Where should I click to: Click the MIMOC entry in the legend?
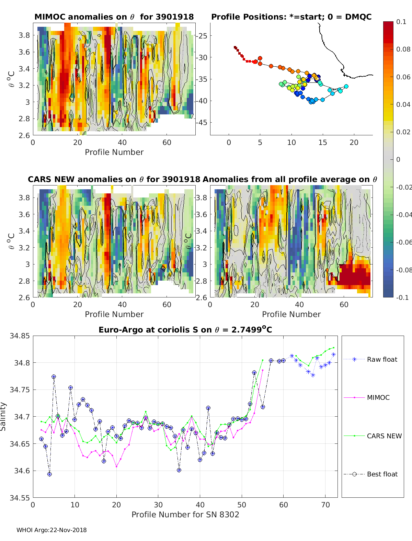378,397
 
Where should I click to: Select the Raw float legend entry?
382,359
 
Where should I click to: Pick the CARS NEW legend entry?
384,436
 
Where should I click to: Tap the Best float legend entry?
382,474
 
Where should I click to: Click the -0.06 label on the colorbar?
403,242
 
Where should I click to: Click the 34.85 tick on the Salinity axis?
20,336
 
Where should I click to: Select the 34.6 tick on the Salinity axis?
22,471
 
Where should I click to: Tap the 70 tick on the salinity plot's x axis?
325,505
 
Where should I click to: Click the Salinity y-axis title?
3,416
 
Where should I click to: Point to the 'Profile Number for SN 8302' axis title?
185,514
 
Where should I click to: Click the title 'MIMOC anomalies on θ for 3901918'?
114,17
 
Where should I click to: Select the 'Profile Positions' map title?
291,17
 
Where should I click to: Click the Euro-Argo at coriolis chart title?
185,330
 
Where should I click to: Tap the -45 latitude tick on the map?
203,122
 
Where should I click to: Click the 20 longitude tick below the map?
354,143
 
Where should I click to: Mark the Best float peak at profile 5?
54,377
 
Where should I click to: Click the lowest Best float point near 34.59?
49,474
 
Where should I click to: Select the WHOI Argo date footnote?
51,530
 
